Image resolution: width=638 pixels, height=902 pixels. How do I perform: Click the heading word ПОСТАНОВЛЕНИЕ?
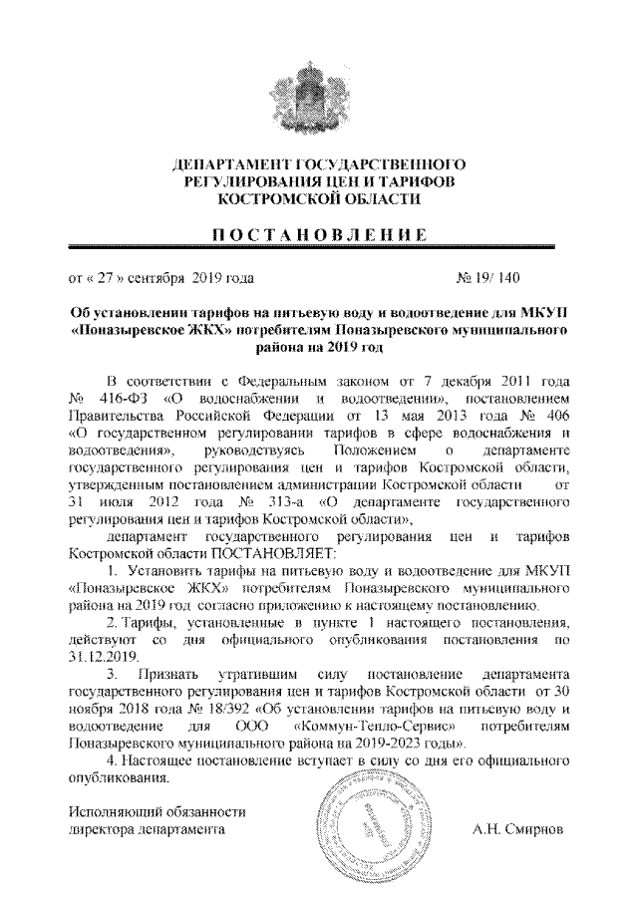click(317, 235)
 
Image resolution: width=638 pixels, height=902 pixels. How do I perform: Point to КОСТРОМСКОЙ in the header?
click(267, 200)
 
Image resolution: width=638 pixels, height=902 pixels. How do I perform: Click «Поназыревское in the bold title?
click(128, 332)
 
